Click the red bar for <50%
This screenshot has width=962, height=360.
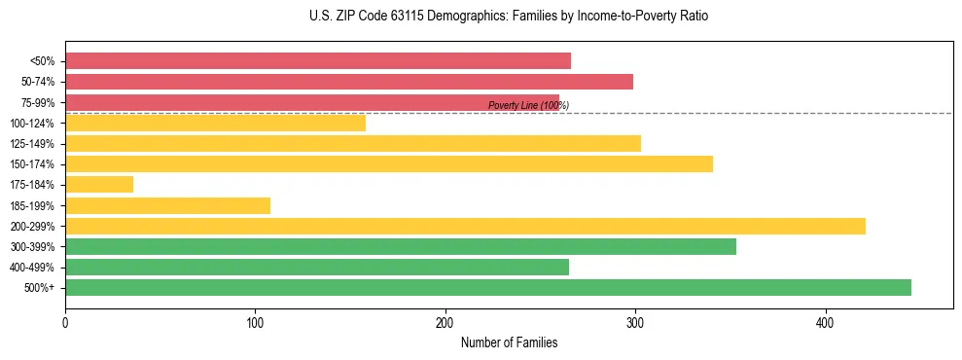pos(317,61)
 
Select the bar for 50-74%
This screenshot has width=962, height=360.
pos(348,82)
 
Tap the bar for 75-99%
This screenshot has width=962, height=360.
pos(311,101)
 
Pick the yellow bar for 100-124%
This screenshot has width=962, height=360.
pos(215,123)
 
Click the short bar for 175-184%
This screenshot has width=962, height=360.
pos(99,184)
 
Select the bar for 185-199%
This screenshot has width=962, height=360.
pos(167,205)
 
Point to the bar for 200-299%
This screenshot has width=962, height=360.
pos(465,226)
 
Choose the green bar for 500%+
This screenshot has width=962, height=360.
pos(487,287)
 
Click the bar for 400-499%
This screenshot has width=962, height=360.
pos(317,267)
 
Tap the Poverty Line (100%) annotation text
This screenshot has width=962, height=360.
pos(528,105)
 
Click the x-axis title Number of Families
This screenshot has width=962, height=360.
pos(509,342)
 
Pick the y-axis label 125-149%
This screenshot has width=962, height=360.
pos(33,144)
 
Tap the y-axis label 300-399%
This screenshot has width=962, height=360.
pos(33,247)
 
